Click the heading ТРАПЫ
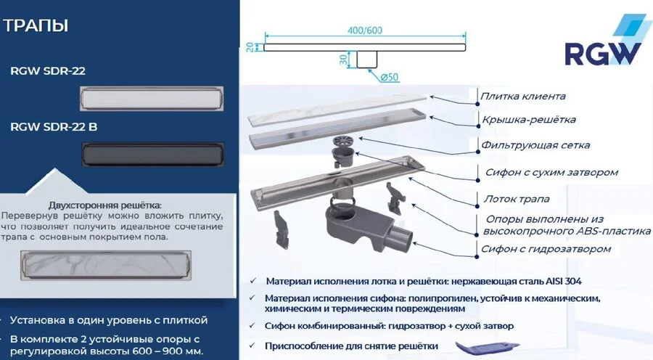click(36, 27)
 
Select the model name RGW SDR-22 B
click(54, 127)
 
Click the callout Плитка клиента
click(522, 96)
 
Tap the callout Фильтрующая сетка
click(535, 145)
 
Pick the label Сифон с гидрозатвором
click(546, 249)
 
